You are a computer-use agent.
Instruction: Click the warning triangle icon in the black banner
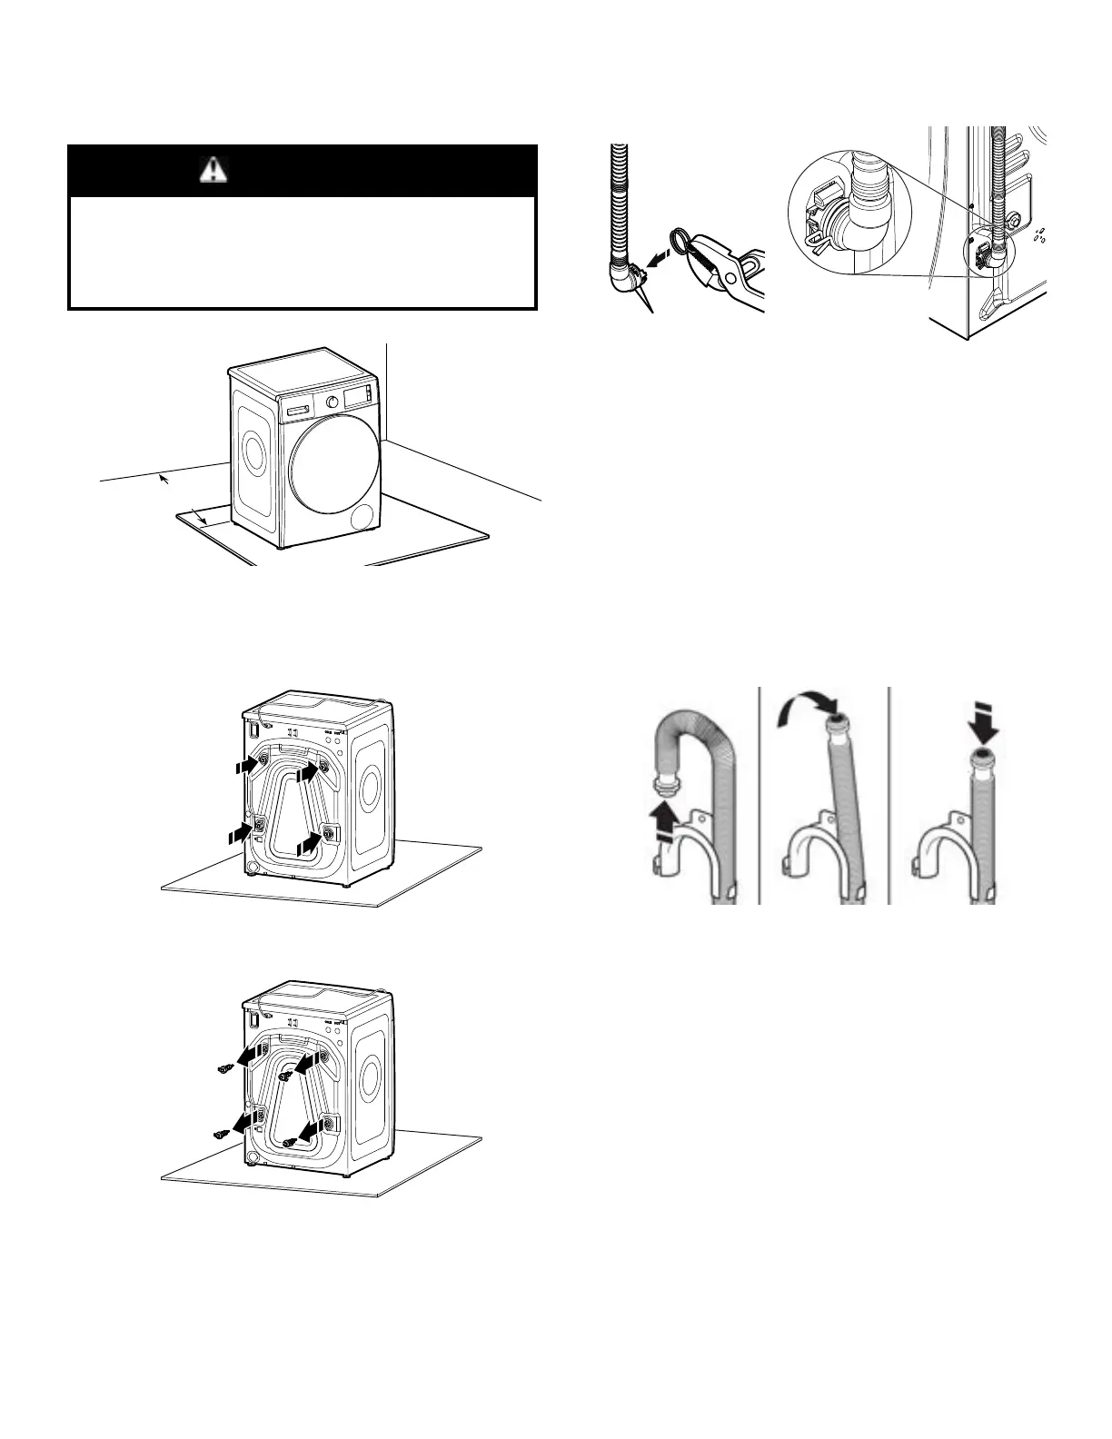click(213, 171)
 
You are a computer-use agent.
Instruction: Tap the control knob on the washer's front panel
click(332, 402)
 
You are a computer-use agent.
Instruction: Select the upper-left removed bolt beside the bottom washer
click(223, 1069)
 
